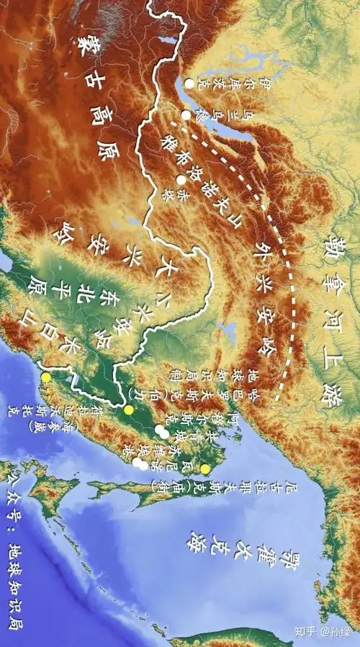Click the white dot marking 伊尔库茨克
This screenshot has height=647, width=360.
click(x=189, y=84)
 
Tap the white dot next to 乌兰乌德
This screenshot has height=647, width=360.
click(x=186, y=115)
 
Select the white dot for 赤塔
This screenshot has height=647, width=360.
click(x=180, y=180)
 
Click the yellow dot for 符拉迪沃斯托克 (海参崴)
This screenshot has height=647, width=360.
click(x=46, y=377)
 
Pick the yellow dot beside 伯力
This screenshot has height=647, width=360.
click(x=129, y=410)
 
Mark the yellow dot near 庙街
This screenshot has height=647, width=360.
click(x=205, y=469)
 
